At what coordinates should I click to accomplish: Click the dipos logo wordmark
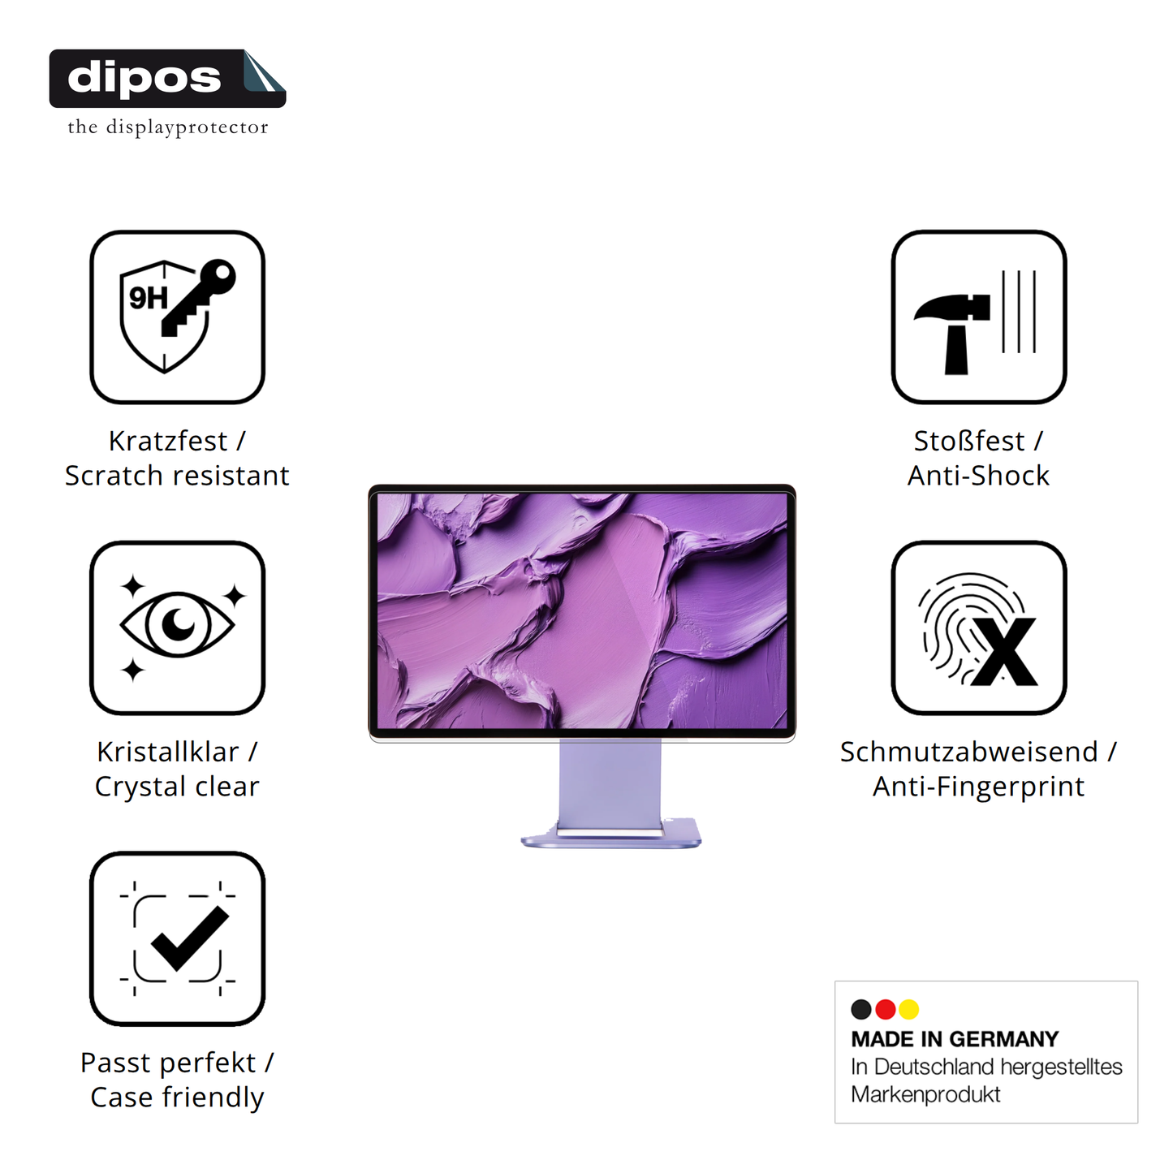pyautogui.click(x=144, y=78)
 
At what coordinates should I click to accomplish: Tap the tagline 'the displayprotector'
pyautogui.click(x=167, y=127)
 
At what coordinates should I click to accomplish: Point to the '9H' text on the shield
pyautogui.click(x=148, y=299)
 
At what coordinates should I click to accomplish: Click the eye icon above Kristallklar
pyautogui.click(x=177, y=624)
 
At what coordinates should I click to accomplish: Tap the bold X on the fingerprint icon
pyautogui.click(x=1004, y=652)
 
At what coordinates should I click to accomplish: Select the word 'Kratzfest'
pyautogui.click(x=168, y=441)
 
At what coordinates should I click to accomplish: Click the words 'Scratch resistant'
pyautogui.click(x=177, y=476)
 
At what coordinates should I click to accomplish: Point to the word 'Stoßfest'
pyautogui.click(x=969, y=441)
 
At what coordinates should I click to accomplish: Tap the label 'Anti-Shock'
pyautogui.click(x=978, y=476)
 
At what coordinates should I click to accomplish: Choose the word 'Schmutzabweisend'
pyautogui.click(x=968, y=752)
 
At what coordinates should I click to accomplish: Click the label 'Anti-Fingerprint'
pyautogui.click(x=978, y=787)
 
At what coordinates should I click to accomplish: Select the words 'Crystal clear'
pyautogui.click(x=177, y=787)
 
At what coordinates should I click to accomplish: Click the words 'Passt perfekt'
pyautogui.click(x=168, y=1063)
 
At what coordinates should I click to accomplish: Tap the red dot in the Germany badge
pyautogui.click(x=886, y=1009)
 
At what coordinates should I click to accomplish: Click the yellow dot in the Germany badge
pyautogui.click(x=909, y=1009)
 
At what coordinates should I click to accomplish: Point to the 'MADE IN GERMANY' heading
pyautogui.click(x=955, y=1039)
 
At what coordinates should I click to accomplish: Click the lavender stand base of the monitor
pyautogui.click(x=610, y=838)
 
